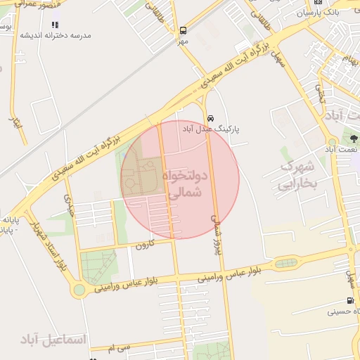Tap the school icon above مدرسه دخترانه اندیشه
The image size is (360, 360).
tap(55, 25)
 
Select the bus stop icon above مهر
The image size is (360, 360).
tap(183, 30)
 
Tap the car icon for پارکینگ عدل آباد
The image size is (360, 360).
tap(211, 117)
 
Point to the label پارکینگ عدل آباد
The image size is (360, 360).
tap(211, 129)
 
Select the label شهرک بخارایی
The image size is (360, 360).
tap(297, 176)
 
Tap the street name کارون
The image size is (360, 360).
tap(143, 245)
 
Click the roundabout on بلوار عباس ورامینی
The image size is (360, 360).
tap(79, 288)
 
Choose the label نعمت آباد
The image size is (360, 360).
tap(342, 149)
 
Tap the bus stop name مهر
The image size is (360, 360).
tap(183, 41)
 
